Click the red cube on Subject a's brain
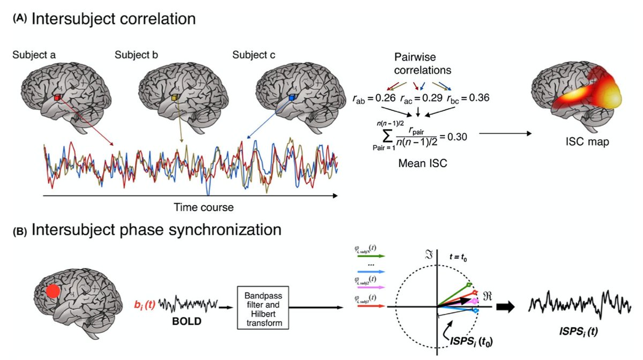(57, 98)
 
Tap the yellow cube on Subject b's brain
(175, 98)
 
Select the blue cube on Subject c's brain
(291, 98)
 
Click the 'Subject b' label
(136, 55)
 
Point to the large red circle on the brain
(53, 291)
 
